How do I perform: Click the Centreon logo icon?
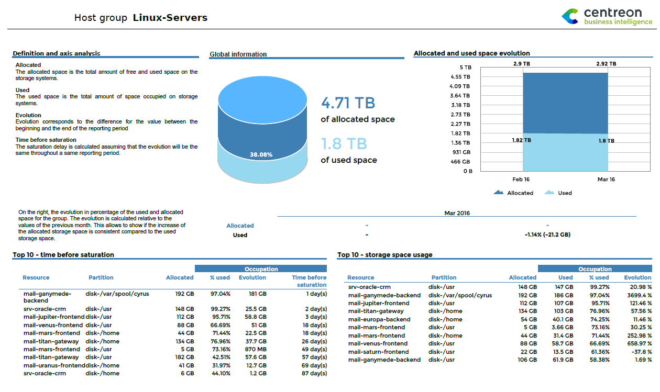point(570,16)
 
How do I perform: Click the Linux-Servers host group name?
point(170,18)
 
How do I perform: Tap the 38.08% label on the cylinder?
point(261,155)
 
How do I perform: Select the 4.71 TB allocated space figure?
point(348,103)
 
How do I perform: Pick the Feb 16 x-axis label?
point(521,180)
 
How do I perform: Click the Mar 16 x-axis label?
point(606,180)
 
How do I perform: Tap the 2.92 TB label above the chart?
point(606,64)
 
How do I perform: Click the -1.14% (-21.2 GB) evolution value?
point(547,235)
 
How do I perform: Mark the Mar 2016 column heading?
point(457,213)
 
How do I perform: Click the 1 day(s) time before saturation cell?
point(316,294)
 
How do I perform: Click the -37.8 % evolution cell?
point(641,352)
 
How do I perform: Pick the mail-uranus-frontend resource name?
point(54,365)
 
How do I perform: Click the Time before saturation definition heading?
point(46,140)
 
